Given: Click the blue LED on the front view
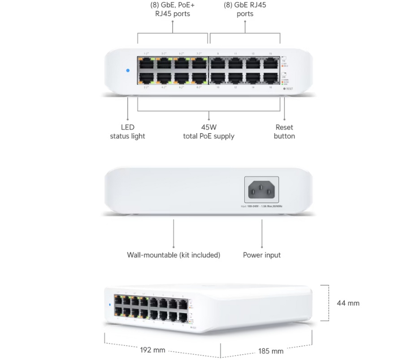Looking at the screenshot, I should coord(128,71).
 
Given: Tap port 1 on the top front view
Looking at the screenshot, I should coord(146,63).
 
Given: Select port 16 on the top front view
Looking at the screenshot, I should coord(270,78).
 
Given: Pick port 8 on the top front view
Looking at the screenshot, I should coord(199,78).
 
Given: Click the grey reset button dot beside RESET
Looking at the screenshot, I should coord(284,89).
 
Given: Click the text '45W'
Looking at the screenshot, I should coord(208,127).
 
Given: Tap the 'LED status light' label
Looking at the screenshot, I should coord(127,131).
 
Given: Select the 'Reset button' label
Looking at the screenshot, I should coord(284,131).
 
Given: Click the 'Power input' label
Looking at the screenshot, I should coord(262,255).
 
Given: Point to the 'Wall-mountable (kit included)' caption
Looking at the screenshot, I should coord(174,255).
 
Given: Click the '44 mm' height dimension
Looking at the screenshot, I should coord(348,303).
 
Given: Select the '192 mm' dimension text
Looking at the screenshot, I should coord(152,350).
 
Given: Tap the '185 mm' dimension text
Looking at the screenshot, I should coord(271,351).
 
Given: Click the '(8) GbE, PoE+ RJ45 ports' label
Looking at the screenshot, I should coord(173,9).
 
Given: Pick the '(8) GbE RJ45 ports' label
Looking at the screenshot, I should coord(245,9).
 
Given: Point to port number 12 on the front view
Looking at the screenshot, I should coord(235,87).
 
